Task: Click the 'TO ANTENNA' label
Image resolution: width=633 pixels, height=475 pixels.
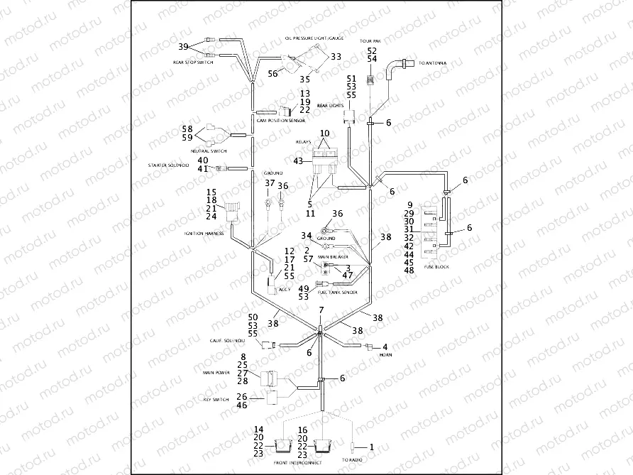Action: point(433,64)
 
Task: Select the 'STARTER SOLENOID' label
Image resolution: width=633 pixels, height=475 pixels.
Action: point(168,165)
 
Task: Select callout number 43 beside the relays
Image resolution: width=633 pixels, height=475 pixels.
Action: point(298,161)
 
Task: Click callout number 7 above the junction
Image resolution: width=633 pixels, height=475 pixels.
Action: point(321,311)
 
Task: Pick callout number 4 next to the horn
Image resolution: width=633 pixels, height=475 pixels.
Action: point(384,346)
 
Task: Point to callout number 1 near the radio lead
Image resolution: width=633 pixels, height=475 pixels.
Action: point(369,447)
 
